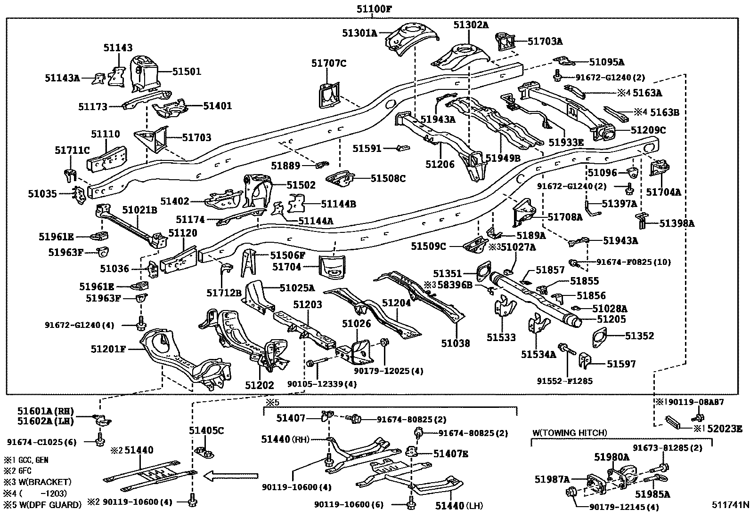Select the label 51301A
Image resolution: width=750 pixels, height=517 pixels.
pos(360,33)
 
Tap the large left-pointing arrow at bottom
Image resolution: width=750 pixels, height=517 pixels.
pos(230,477)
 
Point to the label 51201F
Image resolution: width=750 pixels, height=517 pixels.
pos(108,349)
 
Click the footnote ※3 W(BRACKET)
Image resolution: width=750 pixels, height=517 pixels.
pos(37,482)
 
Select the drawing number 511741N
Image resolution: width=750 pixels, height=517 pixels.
pos(730,505)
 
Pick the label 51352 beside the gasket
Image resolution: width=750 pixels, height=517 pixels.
pos(639,336)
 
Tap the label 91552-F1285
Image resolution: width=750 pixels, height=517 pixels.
pos(565,381)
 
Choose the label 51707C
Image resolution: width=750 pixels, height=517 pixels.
pos(329,63)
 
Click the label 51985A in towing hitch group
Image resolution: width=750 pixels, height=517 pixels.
pos(652,494)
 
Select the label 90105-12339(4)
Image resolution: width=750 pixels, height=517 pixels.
pos(322,384)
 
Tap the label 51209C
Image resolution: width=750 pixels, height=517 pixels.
pos(648,130)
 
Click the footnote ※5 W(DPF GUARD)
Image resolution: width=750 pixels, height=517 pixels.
pos(42,505)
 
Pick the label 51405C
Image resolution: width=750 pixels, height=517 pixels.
pos(206,430)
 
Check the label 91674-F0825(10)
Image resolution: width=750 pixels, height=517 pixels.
pos(634,262)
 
